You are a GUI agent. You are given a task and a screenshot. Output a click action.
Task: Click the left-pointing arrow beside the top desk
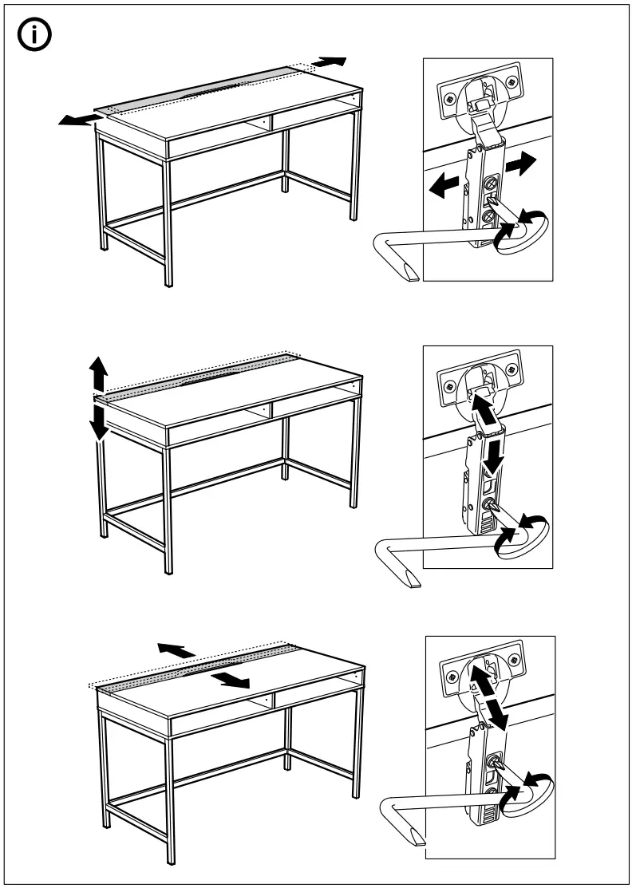click(80, 120)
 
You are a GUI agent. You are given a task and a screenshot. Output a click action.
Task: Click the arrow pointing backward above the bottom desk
click(176, 649)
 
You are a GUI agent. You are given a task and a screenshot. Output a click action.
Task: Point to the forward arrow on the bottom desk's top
click(232, 679)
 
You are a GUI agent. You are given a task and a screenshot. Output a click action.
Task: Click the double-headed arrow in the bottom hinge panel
click(487, 692)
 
